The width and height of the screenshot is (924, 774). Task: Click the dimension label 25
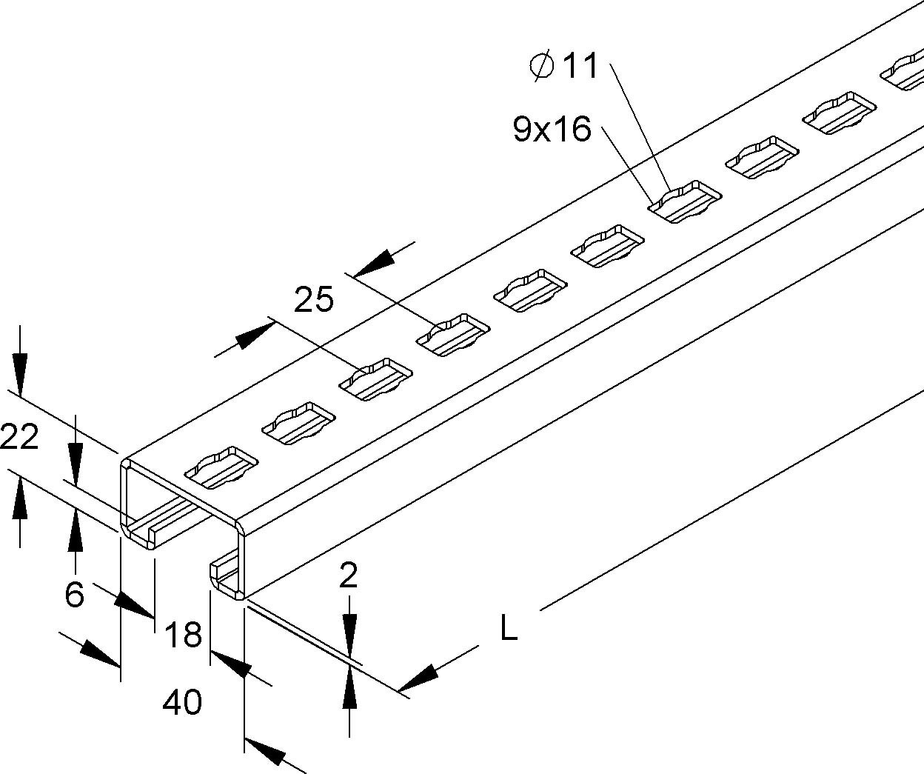pos(314,300)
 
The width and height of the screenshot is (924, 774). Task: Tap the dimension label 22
pos(19,438)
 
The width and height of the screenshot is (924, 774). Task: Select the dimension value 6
pos(74,594)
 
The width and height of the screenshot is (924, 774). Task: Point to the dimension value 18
pos(182,635)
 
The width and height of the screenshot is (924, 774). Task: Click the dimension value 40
pos(182,701)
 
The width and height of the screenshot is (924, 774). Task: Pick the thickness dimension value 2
pos(348,576)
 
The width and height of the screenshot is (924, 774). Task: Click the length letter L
pos(509,630)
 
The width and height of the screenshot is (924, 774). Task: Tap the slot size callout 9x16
pos(552,130)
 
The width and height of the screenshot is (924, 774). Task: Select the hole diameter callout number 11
pos(580,67)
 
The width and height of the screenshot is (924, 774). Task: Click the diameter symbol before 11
pos(542,66)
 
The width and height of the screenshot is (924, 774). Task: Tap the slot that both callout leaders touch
pos(685,201)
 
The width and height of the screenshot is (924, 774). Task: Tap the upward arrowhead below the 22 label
pos(19,500)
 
